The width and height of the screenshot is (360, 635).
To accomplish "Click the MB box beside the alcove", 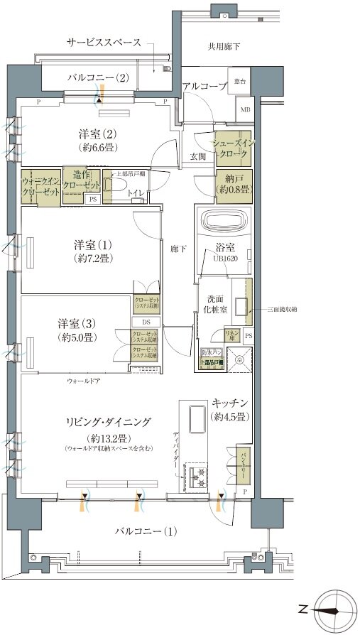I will click(244, 109).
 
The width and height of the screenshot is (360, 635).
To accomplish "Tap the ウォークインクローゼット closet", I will click(40, 186).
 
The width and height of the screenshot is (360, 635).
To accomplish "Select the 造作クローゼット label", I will click(82, 180).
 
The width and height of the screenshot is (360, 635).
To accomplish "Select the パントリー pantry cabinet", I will click(239, 462).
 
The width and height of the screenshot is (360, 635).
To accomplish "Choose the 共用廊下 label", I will click(224, 47).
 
